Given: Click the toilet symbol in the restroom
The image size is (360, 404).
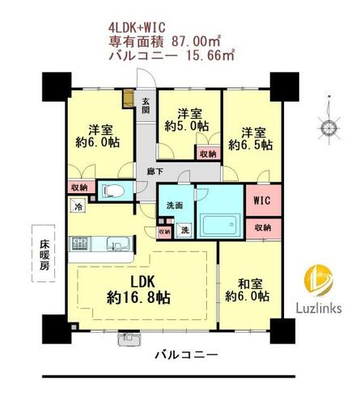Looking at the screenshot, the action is click(x=113, y=191).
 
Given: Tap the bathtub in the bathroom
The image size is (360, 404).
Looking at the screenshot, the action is click(x=221, y=225).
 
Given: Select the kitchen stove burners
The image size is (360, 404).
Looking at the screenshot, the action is click(x=80, y=244).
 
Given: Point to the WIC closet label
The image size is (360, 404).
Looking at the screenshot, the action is click(x=263, y=200).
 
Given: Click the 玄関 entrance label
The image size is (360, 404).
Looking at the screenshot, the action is click(x=146, y=106).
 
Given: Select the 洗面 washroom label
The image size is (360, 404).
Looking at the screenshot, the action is click(x=174, y=205).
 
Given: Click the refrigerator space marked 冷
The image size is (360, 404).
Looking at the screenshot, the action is click(x=78, y=205).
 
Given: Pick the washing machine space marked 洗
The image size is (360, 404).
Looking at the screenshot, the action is click(x=184, y=230).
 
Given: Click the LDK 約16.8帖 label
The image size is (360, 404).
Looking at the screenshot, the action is click(x=138, y=289).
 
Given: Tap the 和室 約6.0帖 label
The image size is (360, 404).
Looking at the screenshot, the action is click(x=247, y=290).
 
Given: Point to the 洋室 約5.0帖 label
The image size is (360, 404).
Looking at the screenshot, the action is click(x=187, y=120).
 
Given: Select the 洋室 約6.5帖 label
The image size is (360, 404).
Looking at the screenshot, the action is click(x=251, y=139).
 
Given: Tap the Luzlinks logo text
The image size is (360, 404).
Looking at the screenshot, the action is click(x=319, y=308).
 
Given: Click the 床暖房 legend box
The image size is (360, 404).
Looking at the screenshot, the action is click(x=44, y=254).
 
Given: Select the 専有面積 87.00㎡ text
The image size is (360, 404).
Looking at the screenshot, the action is click(x=164, y=41).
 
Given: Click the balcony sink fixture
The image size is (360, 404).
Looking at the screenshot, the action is click(x=129, y=339).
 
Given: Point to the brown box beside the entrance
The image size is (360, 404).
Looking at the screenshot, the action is click(x=128, y=99).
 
